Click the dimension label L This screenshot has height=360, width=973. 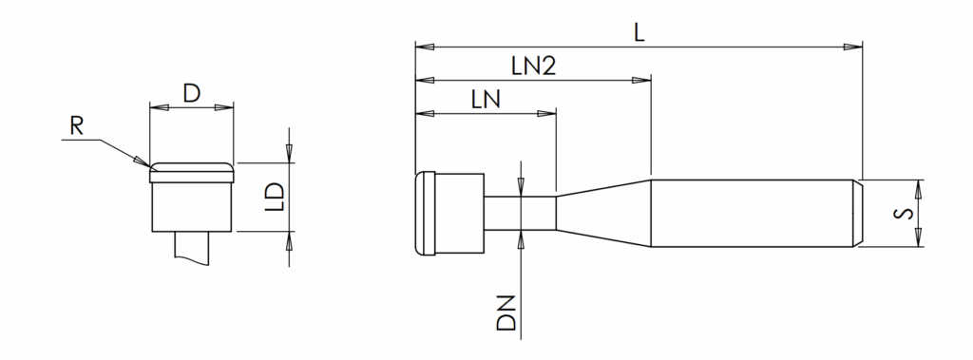[x=639, y=33]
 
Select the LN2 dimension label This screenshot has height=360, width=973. [x=534, y=66]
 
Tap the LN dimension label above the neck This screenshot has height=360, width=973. [x=486, y=100]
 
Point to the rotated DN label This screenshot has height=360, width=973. [x=507, y=313]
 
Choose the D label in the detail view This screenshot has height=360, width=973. [x=192, y=94]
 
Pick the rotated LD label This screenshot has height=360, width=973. [x=275, y=197]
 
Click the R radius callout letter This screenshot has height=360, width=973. [x=76, y=127]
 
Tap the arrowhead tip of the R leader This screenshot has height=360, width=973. [x=149, y=166]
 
